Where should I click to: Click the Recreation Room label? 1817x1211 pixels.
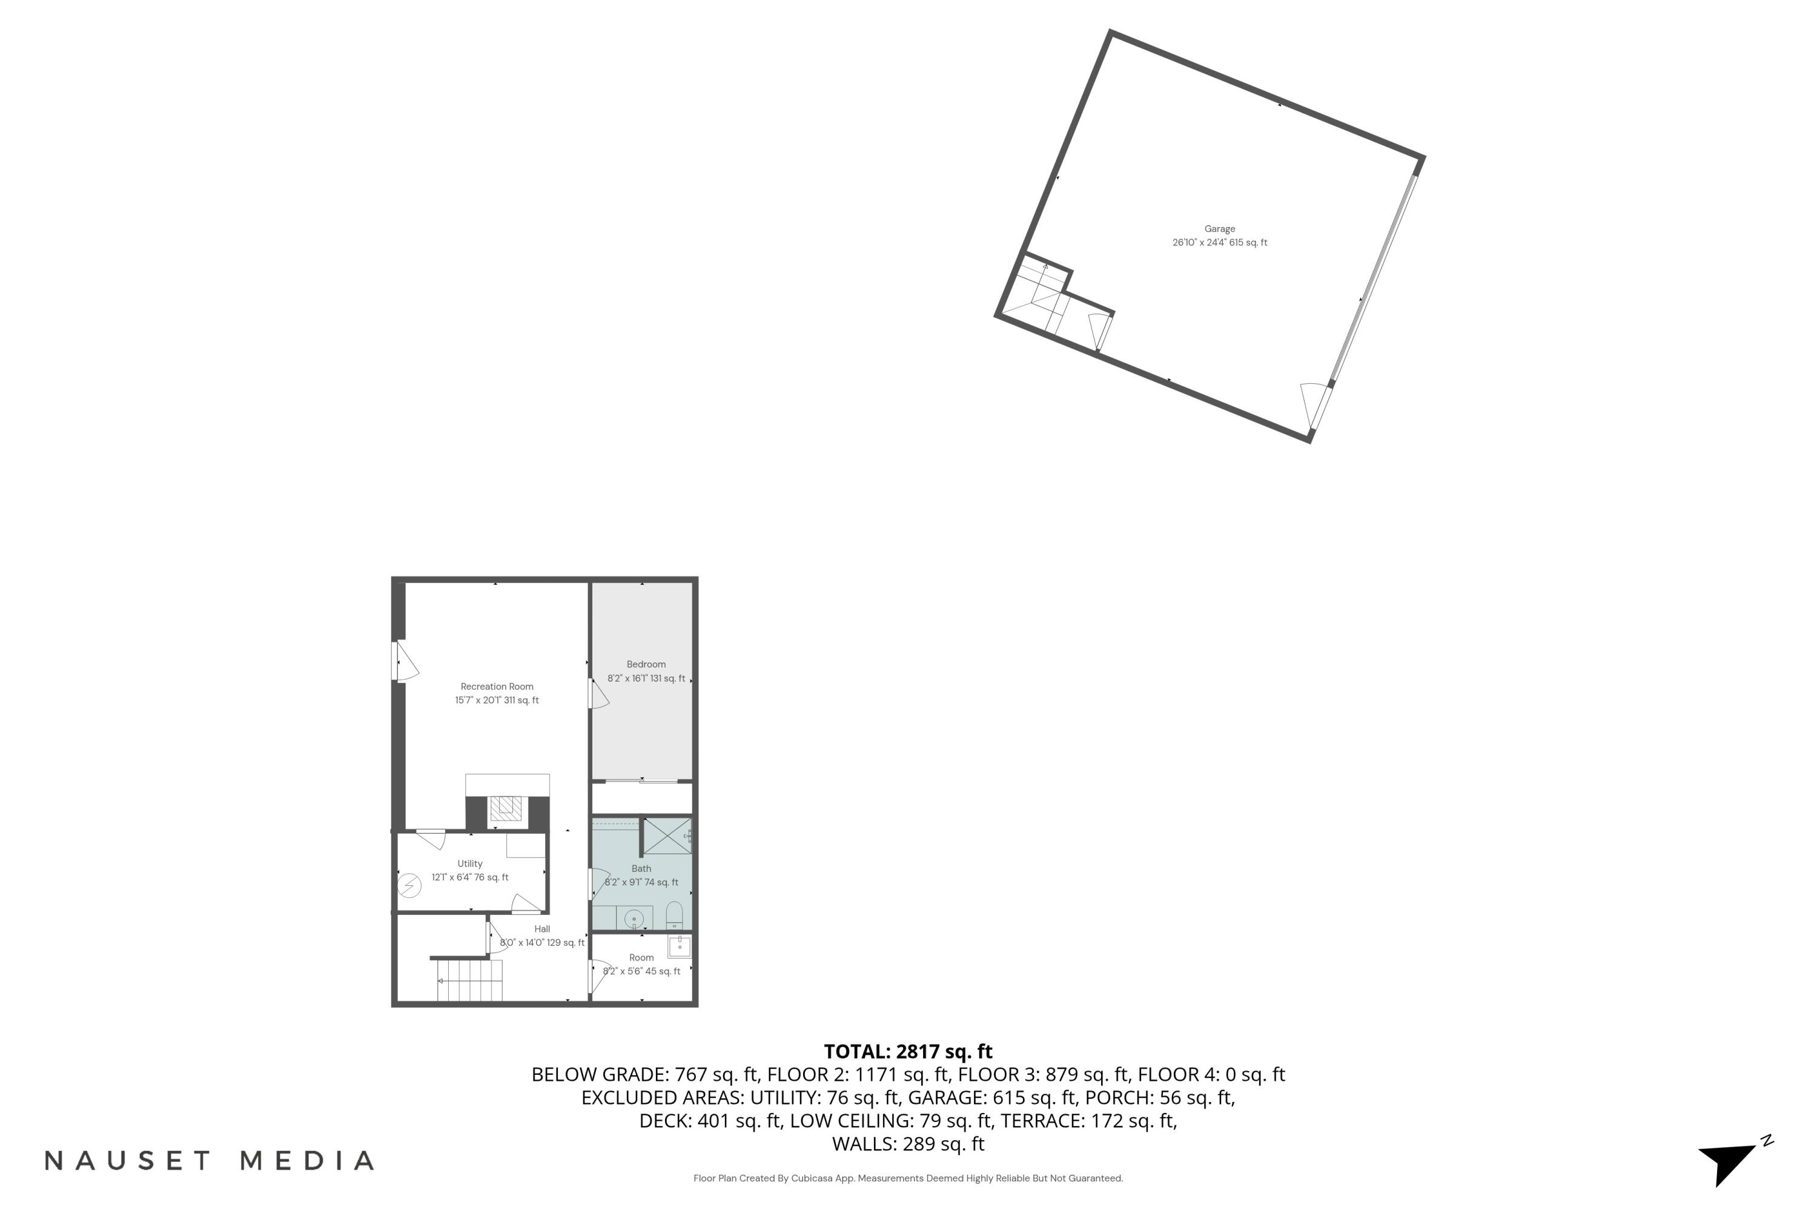[497, 687]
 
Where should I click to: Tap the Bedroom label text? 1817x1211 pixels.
[646, 664]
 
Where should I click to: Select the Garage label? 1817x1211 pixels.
[1220, 229]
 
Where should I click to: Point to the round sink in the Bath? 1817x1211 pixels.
[634, 919]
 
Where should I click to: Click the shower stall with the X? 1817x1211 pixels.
[667, 836]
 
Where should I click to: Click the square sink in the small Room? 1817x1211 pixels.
[679, 946]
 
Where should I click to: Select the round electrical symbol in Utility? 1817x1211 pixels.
[409, 884]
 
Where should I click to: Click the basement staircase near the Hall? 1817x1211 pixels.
[469, 980]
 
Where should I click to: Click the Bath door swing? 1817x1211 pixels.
[599, 883]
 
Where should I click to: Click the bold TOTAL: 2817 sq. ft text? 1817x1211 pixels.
[908, 1051]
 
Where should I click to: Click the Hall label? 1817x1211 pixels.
[542, 929]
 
